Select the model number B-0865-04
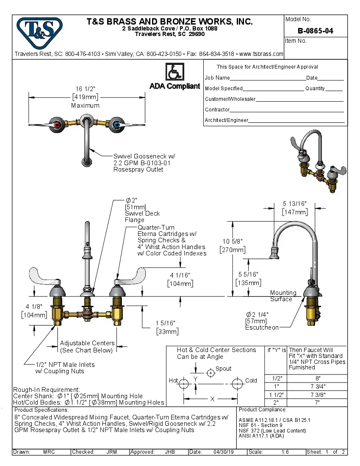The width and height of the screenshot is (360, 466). pyautogui.click(x=316, y=31)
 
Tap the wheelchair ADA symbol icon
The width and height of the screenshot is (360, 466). pyautogui.click(x=174, y=72)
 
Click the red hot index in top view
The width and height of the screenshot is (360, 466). pyautogui.click(x=58, y=125)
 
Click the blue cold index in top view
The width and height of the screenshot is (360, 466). pyautogui.click(x=116, y=125)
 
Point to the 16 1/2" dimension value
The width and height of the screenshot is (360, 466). pyautogui.click(x=85, y=89)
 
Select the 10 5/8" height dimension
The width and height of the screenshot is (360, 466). pyautogui.click(x=233, y=241)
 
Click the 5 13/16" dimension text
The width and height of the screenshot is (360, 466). pyautogui.click(x=295, y=204)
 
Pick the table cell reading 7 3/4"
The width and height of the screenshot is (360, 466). pyautogui.click(x=318, y=386)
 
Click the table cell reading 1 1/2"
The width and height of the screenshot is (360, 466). pyautogui.click(x=276, y=394)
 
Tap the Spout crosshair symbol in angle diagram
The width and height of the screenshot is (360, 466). pyautogui.click(x=210, y=373)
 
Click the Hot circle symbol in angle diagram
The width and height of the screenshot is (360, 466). pyautogui.click(x=184, y=384)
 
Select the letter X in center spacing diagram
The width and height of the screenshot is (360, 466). pyautogui.click(x=212, y=399)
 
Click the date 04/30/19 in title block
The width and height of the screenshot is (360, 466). pyautogui.click(x=224, y=452)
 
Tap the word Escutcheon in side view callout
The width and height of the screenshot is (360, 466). pyautogui.click(x=262, y=327)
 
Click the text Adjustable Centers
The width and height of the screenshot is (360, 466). pyautogui.click(x=87, y=343)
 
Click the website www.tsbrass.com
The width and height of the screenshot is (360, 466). pyautogui.click(x=261, y=54)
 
